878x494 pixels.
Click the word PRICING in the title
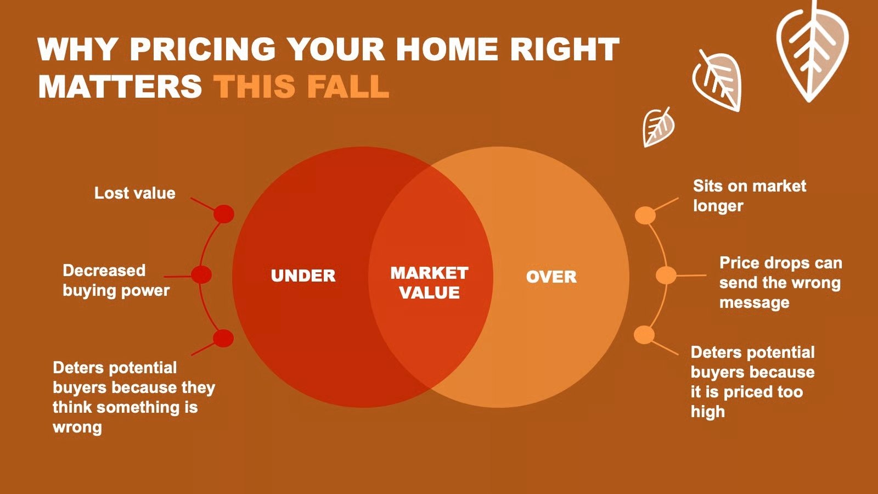[202, 49]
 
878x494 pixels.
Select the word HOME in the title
[447, 49]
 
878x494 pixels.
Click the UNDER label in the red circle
[303, 276]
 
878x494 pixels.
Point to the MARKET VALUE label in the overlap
[429, 283]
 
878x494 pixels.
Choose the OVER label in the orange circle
[551, 277]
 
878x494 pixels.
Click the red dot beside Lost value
[224, 214]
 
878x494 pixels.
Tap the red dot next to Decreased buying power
[201, 274]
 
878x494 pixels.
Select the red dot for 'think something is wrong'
[223, 338]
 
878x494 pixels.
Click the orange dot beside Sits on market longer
[645, 215]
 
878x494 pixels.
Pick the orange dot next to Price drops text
[666, 275]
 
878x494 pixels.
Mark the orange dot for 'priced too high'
[644, 335]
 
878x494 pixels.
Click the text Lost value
[135, 193]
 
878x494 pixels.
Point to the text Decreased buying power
[116, 280]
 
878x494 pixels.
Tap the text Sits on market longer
[750, 195]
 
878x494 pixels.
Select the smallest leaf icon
[658, 127]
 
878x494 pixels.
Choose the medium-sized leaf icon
[717, 80]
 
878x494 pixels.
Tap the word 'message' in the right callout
[754, 302]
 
